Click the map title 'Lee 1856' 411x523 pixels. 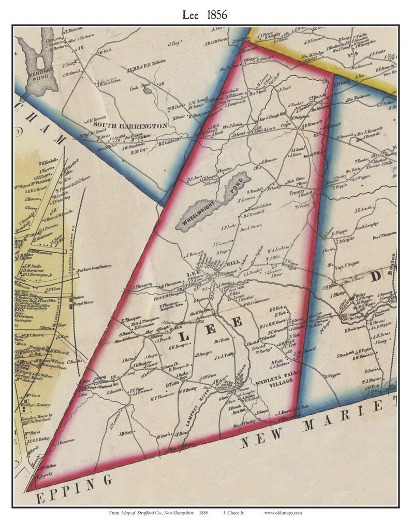(205, 15)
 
